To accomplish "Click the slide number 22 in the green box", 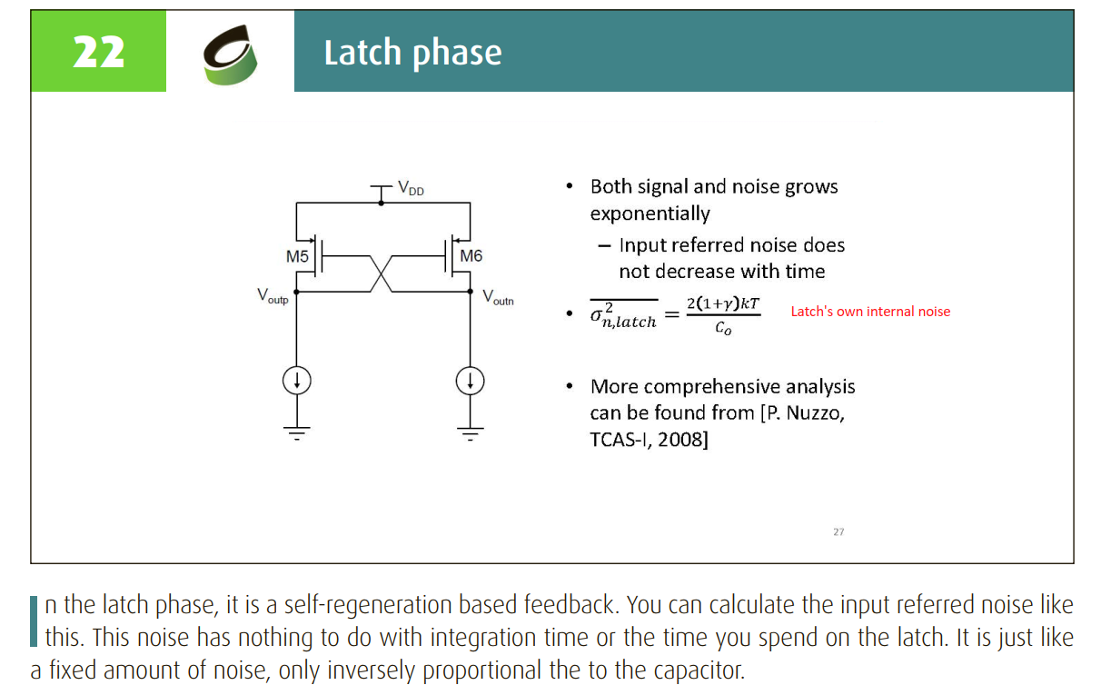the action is coord(98,52).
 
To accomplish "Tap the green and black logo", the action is coord(230,55).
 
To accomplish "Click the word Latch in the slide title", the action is coord(362,52).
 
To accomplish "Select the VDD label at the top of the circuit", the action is coord(411,188).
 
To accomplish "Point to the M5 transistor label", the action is coord(297,256).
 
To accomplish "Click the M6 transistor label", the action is coord(471,256).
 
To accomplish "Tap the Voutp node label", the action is coord(273,295).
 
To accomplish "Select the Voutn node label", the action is coord(498,297).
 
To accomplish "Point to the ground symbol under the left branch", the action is coord(296,433).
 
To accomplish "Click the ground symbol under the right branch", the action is coord(471,433).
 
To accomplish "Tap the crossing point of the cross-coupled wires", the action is coord(381,273).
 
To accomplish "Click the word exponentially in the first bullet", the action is coord(650,213).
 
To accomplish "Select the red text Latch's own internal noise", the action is coord(870,312).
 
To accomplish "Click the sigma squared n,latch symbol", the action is coord(623,315).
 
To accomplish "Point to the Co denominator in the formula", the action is coord(723,327).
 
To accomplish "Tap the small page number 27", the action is coord(838,531).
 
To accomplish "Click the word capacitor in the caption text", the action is coord(699,670).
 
